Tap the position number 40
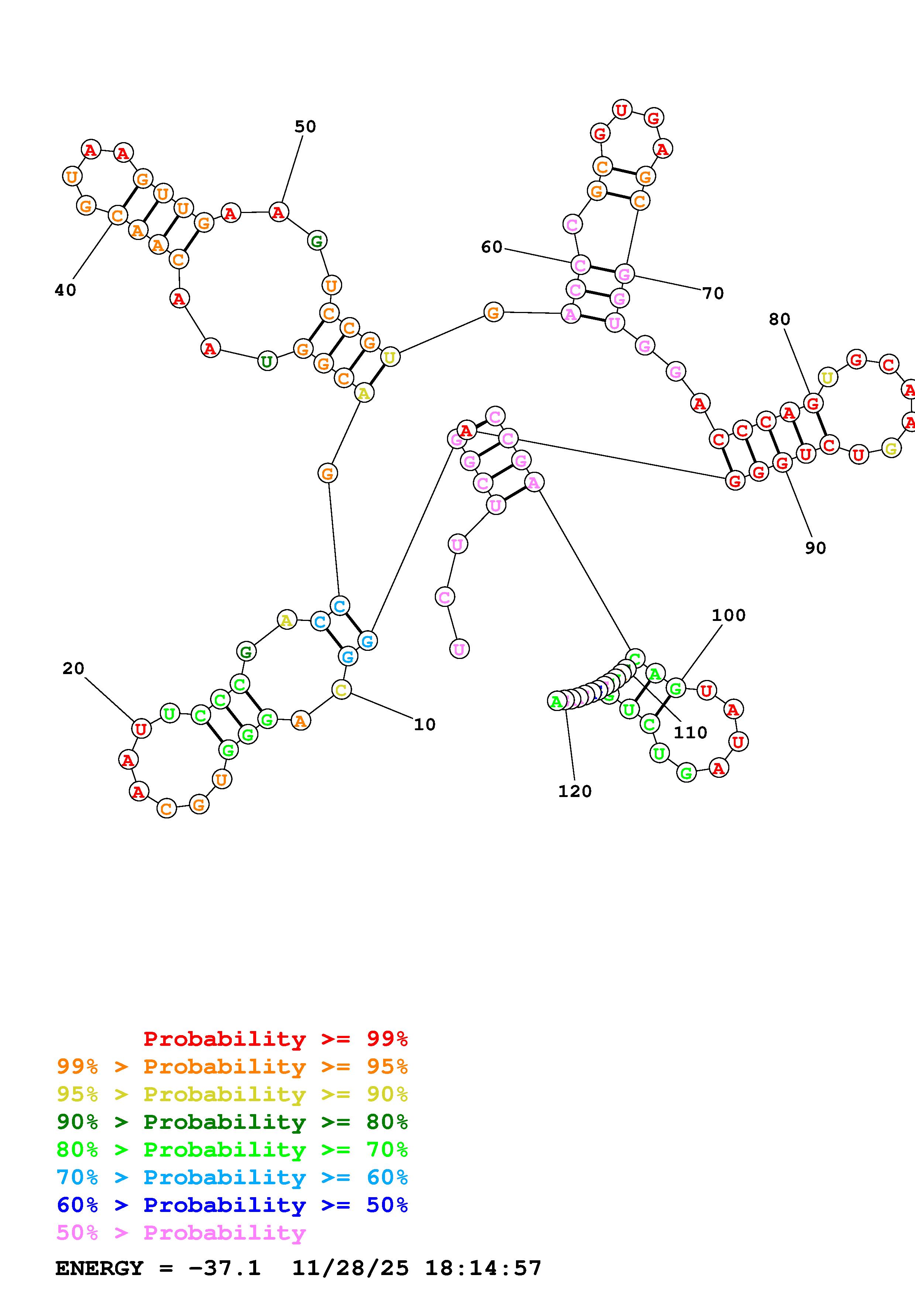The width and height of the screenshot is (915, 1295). click(x=65, y=290)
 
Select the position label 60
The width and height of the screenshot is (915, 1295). click(x=492, y=247)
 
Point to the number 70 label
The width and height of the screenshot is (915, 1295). click(x=713, y=293)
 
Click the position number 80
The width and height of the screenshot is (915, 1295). click(x=780, y=319)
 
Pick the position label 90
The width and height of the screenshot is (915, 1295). click(x=815, y=548)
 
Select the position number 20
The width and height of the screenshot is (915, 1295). click(x=73, y=669)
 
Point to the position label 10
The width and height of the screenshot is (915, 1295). click(x=424, y=724)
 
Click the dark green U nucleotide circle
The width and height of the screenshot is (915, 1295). click(x=266, y=361)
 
